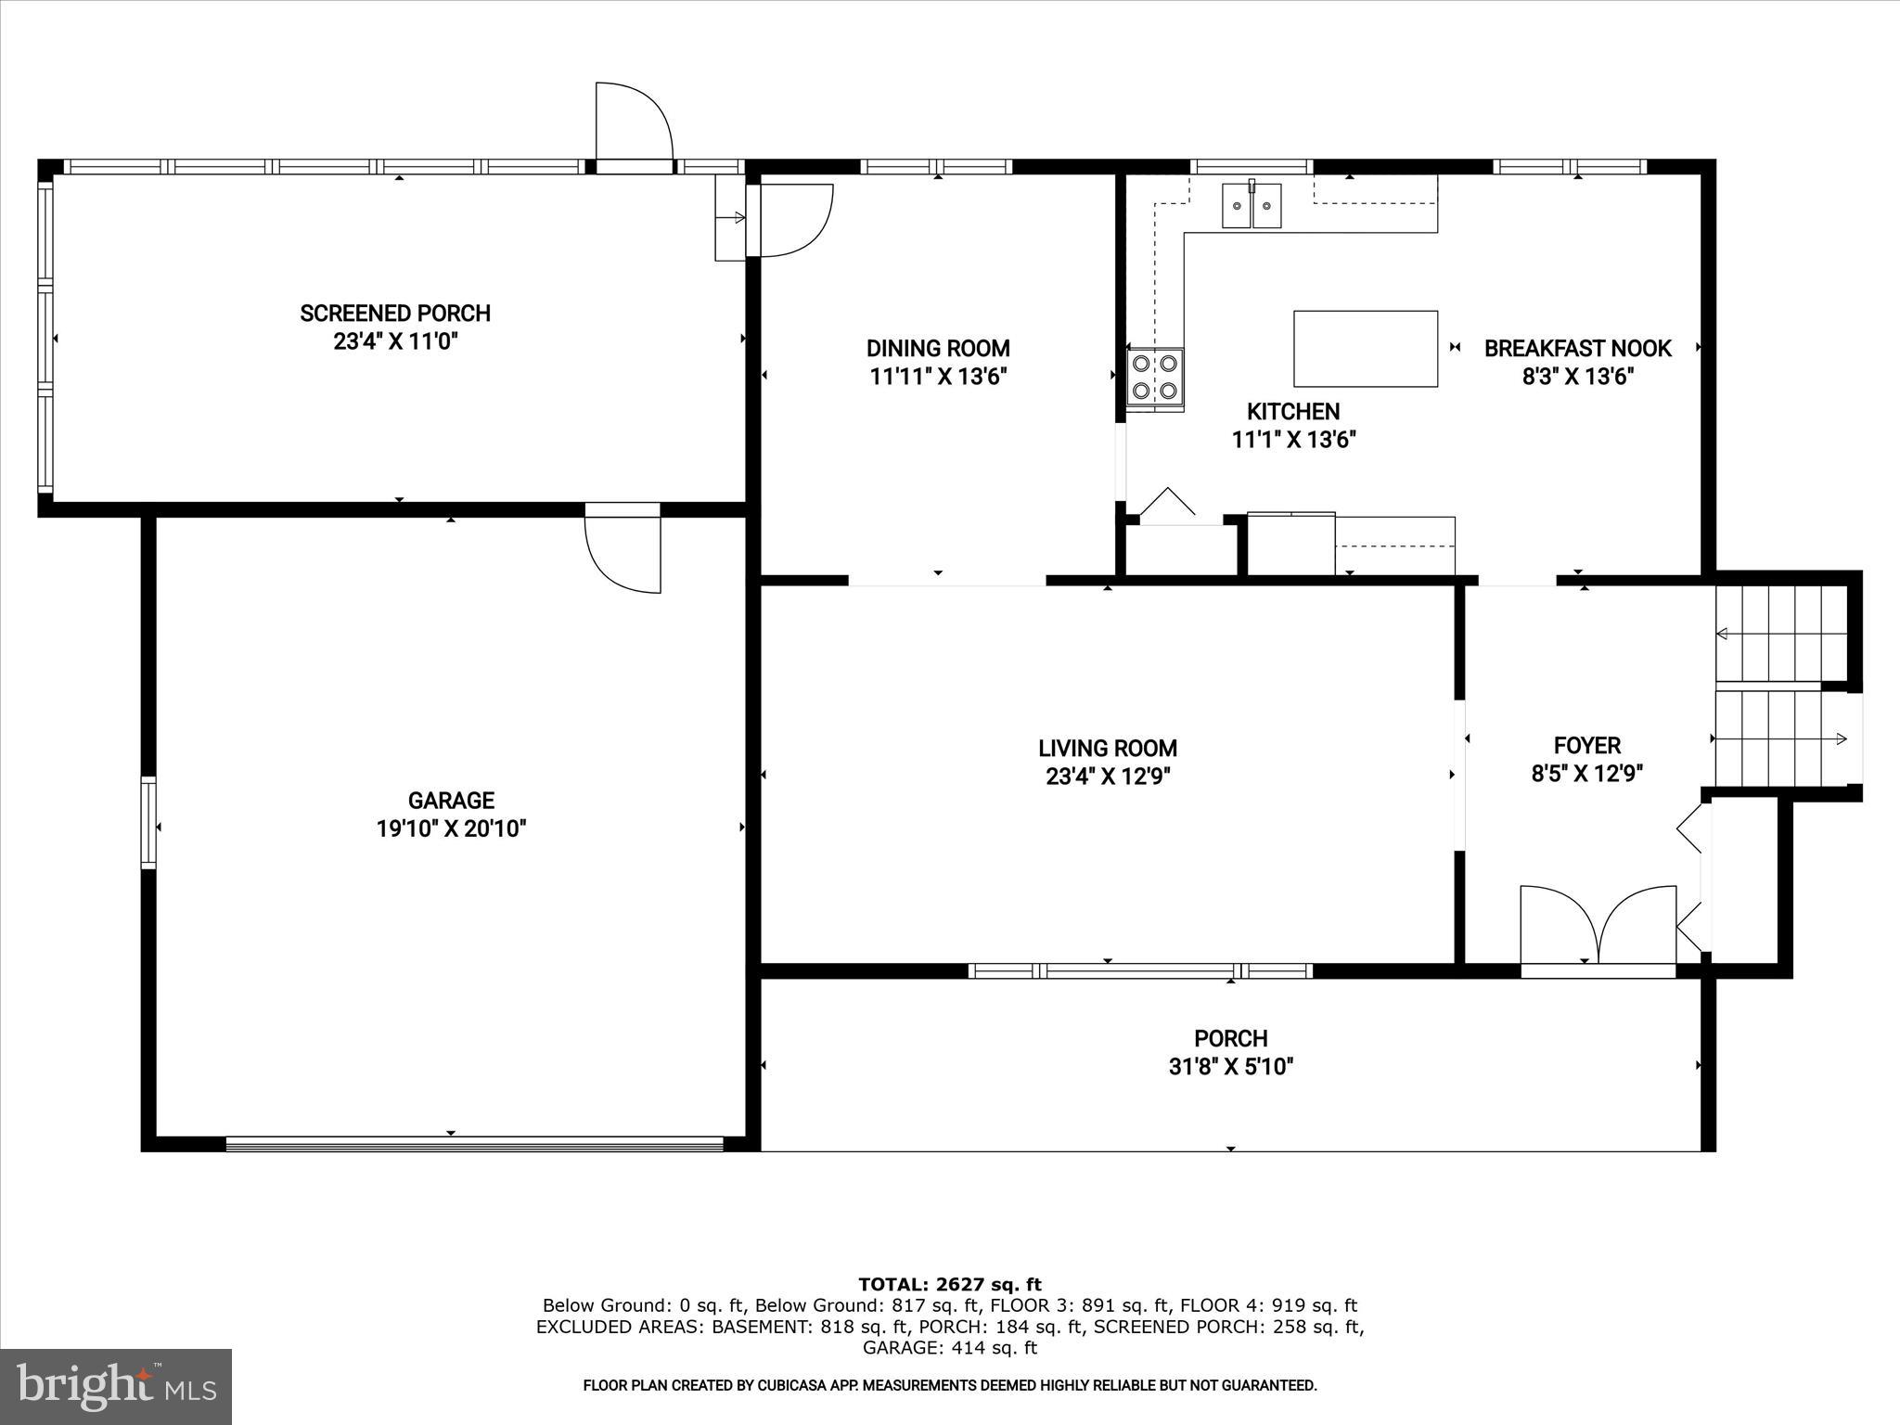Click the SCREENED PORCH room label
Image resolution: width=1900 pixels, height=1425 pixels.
click(x=395, y=314)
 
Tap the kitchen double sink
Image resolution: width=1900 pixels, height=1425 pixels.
click(x=1252, y=206)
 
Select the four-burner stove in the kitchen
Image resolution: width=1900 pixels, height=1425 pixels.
click(x=1155, y=378)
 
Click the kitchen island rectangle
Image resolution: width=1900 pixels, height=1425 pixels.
click(x=1366, y=349)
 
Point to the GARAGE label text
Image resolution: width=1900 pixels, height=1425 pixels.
click(x=451, y=800)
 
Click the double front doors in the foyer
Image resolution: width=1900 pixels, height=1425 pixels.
click(x=1598, y=928)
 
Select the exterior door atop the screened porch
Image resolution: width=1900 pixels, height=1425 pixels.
click(x=633, y=125)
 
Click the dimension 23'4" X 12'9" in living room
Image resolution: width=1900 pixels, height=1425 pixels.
click(x=1108, y=777)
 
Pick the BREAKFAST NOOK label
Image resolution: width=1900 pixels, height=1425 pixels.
click(x=1577, y=349)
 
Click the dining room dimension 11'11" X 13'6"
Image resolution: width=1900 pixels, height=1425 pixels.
click(x=938, y=377)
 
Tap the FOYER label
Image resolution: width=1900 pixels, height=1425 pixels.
click(x=1586, y=745)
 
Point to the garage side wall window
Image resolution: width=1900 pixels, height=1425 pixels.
click(x=148, y=823)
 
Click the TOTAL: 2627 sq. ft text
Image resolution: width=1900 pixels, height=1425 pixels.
click(x=949, y=1285)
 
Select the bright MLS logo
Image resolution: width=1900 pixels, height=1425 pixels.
click(x=116, y=1387)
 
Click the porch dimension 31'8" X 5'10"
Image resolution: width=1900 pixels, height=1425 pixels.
click(x=1230, y=1067)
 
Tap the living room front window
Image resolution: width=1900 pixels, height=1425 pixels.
click(x=1139, y=971)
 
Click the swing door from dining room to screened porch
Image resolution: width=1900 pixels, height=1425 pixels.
click(x=794, y=221)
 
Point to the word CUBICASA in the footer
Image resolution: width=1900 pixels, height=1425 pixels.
click(x=771, y=1386)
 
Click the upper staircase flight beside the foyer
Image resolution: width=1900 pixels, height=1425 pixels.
click(x=1779, y=634)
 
